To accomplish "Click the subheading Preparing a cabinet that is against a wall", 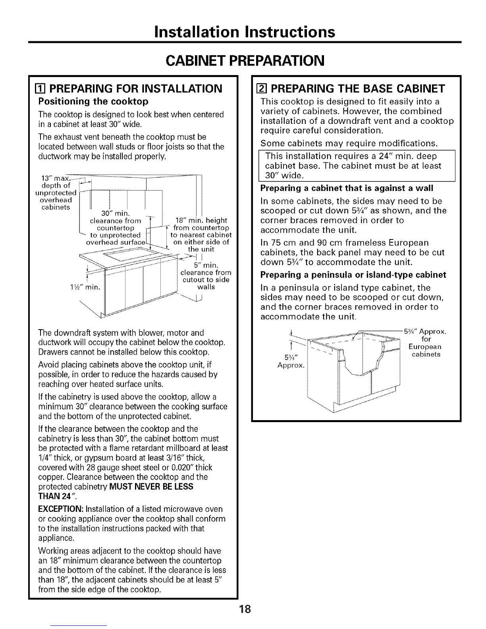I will (x=347, y=188).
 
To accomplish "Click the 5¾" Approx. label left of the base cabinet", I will (x=291, y=359).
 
